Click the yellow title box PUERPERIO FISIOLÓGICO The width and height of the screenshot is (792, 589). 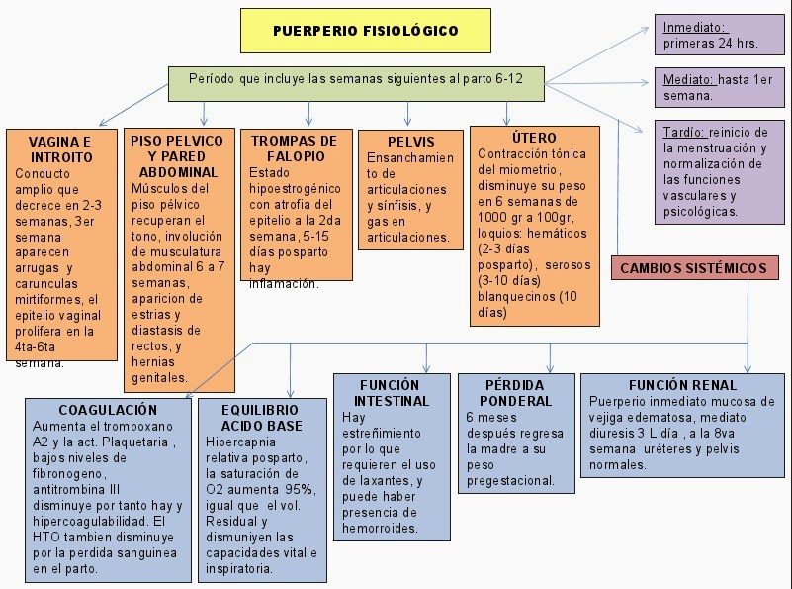pos(365,31)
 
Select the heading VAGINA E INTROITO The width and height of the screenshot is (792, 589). pos(60,149)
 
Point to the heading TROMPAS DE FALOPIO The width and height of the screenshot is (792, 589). pos(294,149)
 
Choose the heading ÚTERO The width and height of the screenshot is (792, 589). pos(535,138)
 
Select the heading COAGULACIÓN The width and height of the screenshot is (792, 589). pos(108,409)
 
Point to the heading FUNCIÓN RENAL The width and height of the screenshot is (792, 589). pos(681,384)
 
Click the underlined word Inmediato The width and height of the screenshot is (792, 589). pos(694,28)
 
